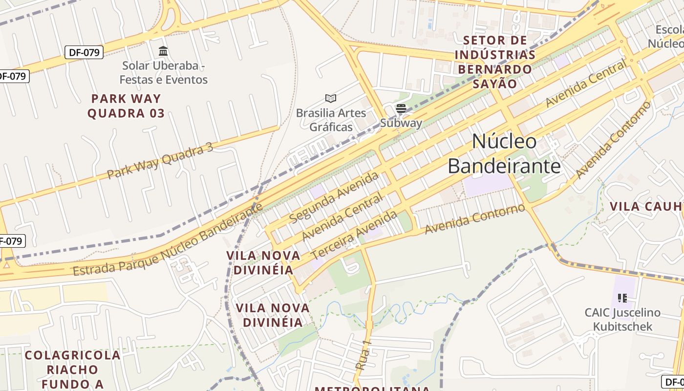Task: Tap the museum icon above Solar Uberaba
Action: (x=163, y=51)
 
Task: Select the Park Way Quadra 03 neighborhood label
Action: (x=126, y=106)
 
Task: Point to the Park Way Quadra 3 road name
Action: (x=160, y=161)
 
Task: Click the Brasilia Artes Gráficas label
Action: (x=331, y=120)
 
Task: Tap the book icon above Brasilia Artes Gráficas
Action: (x=331, y=99)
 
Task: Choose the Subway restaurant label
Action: (x=401, y=123)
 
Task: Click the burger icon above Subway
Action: (x=401, y=109)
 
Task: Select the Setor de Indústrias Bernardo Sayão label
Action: (x=494, y=62)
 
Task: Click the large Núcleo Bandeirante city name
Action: (x=504, y=154)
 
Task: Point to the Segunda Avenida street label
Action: (x=334, y=197)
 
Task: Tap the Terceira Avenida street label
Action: (x=354, y=235)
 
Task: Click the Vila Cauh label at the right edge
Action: (x=646, y=206)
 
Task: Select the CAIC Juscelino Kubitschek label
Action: (x=622, y=320)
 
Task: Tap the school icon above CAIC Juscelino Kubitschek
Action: (x=622, y=298)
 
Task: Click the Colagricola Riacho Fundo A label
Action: (x=73, y=369)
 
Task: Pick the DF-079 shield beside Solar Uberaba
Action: (x=84, y=52)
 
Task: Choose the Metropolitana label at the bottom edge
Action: (x=372, y=389)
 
